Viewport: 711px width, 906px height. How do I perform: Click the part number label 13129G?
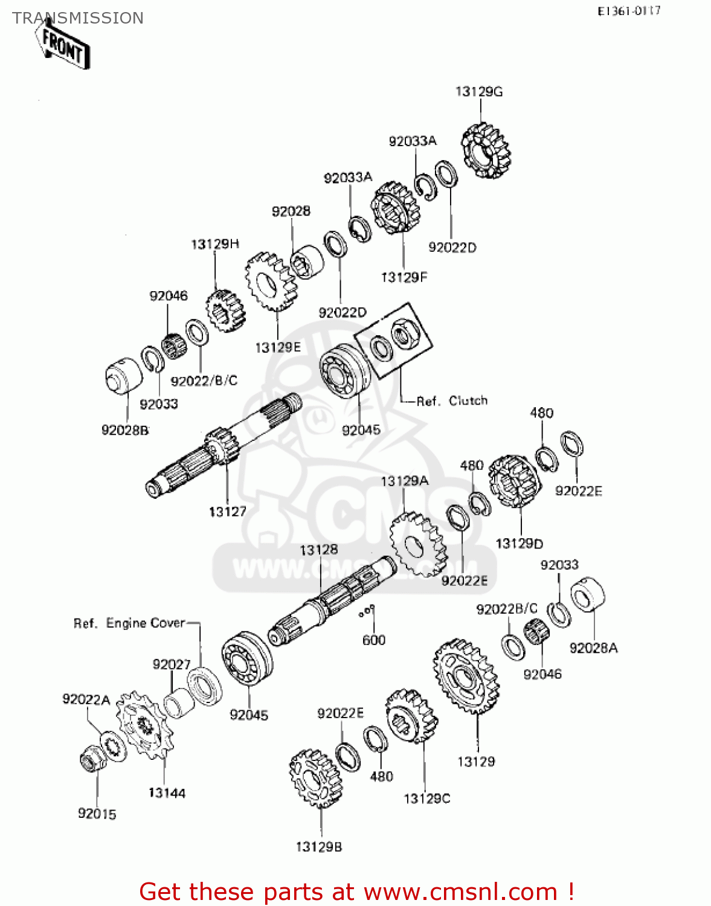(x=478, y=92)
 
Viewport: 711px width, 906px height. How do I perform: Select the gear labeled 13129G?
(x=486, y=151)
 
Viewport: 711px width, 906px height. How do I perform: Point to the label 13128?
(x=319, y=550)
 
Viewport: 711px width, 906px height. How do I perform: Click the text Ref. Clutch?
(x=452, y=401)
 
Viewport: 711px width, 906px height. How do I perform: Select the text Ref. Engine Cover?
(x=129, y=623)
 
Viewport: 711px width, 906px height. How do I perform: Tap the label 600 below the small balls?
(x=373, y=640)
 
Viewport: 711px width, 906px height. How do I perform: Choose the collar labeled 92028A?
(x=587, y=595)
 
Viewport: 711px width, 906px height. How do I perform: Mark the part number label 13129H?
(x=215, y=244)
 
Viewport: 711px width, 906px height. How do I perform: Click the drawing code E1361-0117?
(x=629, y=11)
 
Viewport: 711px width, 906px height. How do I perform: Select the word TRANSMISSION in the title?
(x=78, y=18)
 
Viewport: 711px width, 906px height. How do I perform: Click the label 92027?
(x=172, y=664)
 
